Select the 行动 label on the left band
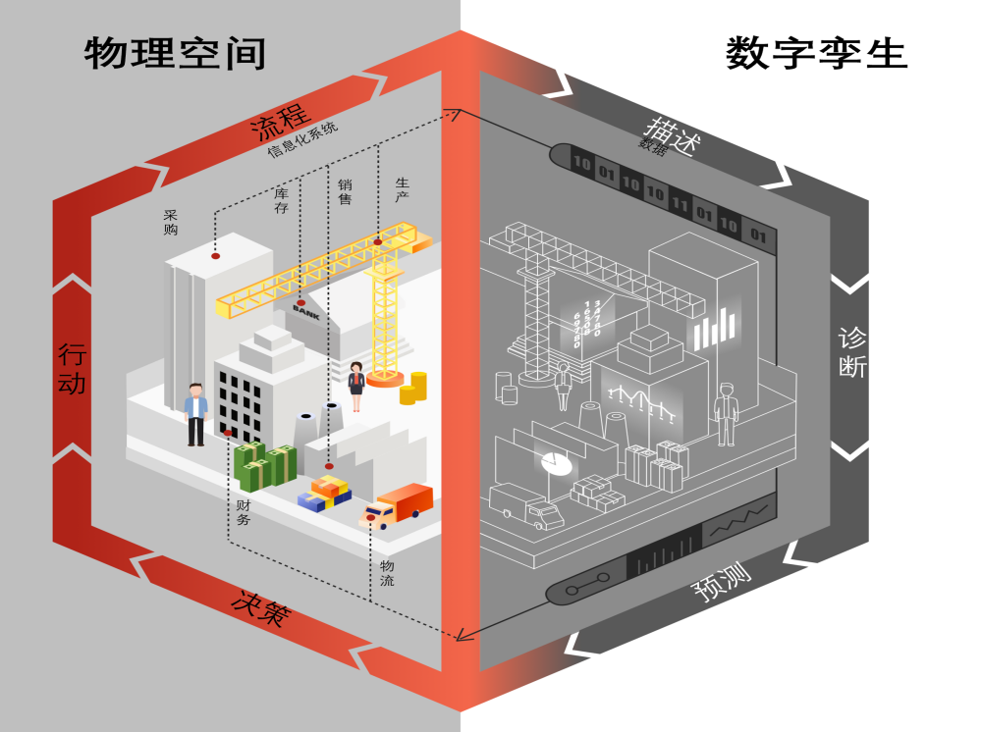pos(72,368)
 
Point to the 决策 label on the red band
pos(260,606)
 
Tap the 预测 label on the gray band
pos(722,585)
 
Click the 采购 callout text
pos(171,222)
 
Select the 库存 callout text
pos(282,201)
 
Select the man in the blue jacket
pos(196,413)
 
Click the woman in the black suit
pos(355,386)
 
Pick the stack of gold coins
pos(413,388)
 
